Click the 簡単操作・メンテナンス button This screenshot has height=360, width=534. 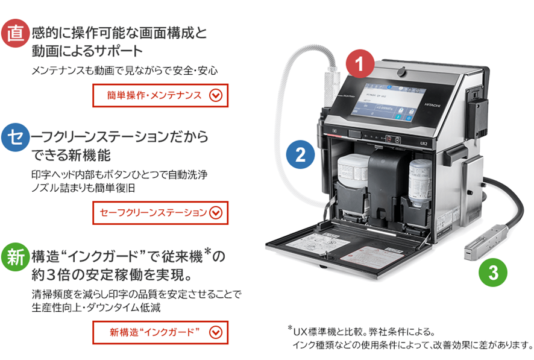(160, 95)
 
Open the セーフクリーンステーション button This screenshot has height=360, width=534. (160, 212)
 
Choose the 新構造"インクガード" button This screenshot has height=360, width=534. (160, 332)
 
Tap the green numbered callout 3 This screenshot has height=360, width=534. (494, 273)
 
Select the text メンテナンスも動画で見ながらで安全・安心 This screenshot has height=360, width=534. (124, 71)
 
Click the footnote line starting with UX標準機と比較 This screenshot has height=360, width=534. (364, 331)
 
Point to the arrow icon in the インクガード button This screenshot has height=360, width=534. (215, 332)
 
